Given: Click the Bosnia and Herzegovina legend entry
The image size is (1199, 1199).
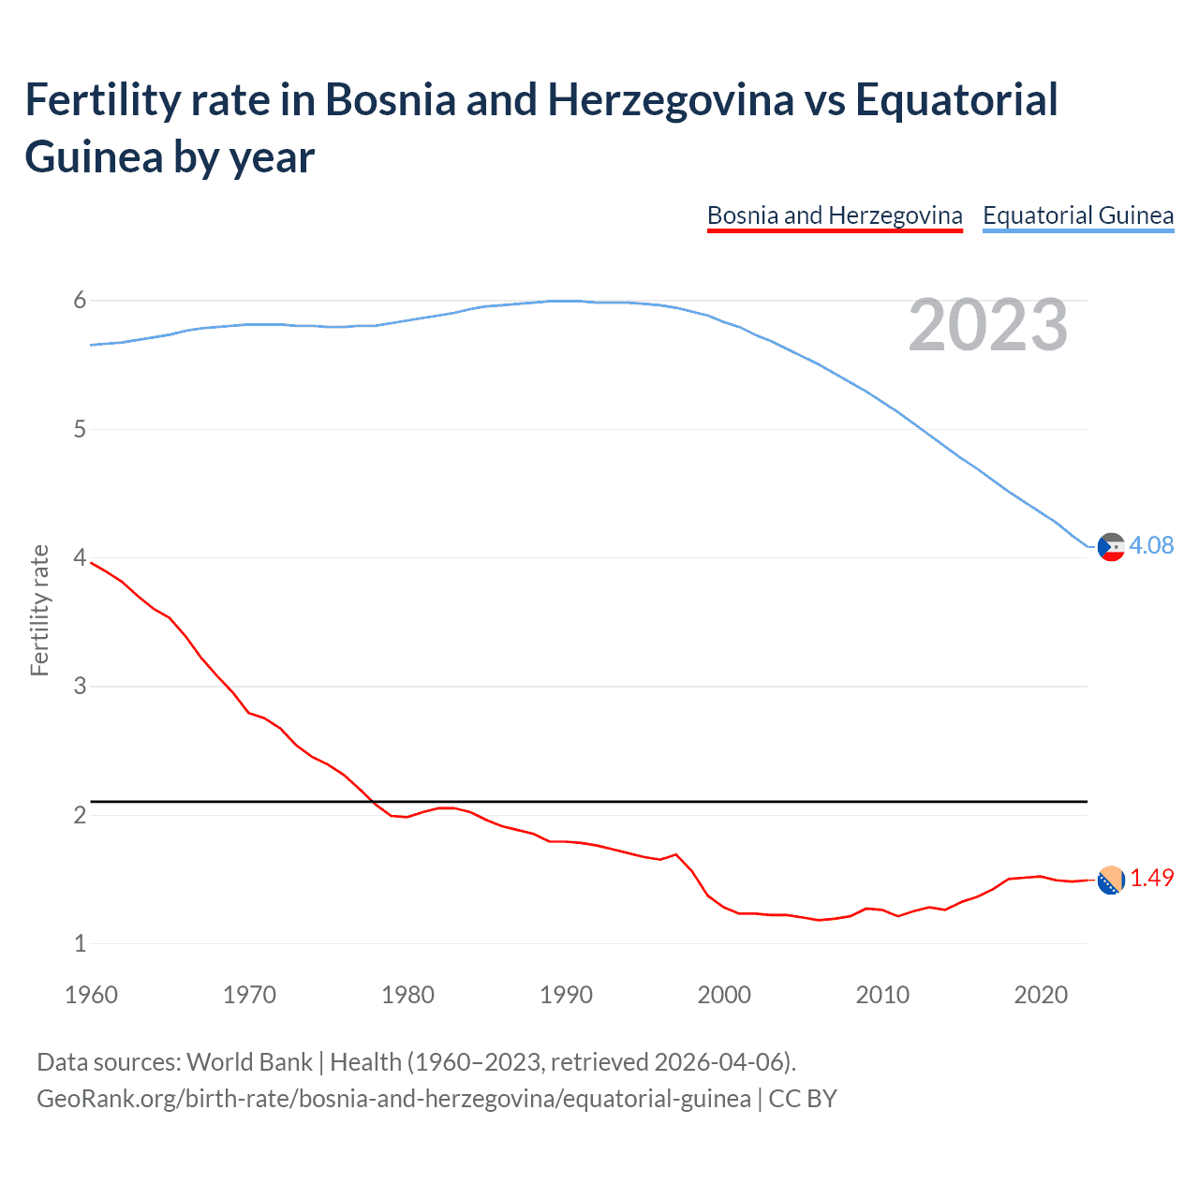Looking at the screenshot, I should click(834, 215).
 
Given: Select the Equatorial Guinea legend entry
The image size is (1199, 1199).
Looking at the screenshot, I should click(1077, 215).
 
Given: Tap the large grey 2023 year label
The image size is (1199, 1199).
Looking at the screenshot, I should click(987, 325).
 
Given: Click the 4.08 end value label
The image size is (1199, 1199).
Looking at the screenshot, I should click(1151, 545).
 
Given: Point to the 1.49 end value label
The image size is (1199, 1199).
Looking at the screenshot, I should click(1151, 878).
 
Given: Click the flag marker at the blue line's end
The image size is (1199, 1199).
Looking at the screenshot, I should click(1111, 546).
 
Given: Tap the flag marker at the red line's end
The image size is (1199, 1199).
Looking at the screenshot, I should click(1111, 881).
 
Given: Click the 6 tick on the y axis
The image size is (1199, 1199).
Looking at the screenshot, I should click(80, 301).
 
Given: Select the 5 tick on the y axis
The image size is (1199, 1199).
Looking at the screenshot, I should click(80, 429).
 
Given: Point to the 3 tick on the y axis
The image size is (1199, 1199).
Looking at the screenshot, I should click(80, 687).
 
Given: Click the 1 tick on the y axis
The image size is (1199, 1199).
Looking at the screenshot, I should click(80, 943).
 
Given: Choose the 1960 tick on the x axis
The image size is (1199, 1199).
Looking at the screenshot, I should click(91, 995).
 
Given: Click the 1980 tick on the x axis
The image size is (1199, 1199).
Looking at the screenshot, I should click(407, 995).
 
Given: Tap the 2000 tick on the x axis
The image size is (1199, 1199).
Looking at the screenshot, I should click(724, 995).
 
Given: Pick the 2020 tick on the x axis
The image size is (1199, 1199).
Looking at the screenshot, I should click(1041, 995).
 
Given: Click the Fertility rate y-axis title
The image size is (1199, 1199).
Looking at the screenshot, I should click(39, 610).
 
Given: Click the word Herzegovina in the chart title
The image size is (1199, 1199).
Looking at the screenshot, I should click(671, 100).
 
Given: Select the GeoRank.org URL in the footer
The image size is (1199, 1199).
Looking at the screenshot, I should click(393, 1098).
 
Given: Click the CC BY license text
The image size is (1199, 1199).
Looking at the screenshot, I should click(803, 1098).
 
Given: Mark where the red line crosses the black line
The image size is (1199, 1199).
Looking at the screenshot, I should click(372, 802).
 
